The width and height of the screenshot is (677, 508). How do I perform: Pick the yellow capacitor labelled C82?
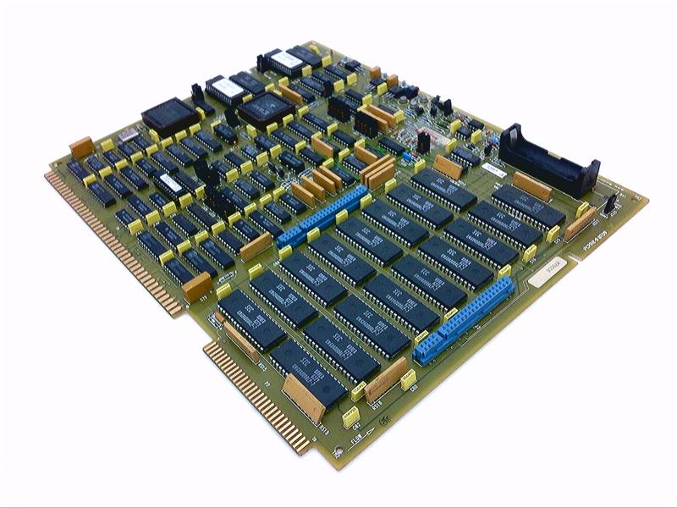pos(348,416)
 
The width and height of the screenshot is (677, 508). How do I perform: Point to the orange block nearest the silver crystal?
pos(82,147)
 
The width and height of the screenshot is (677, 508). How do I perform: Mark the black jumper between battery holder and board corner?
pos(608,204)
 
